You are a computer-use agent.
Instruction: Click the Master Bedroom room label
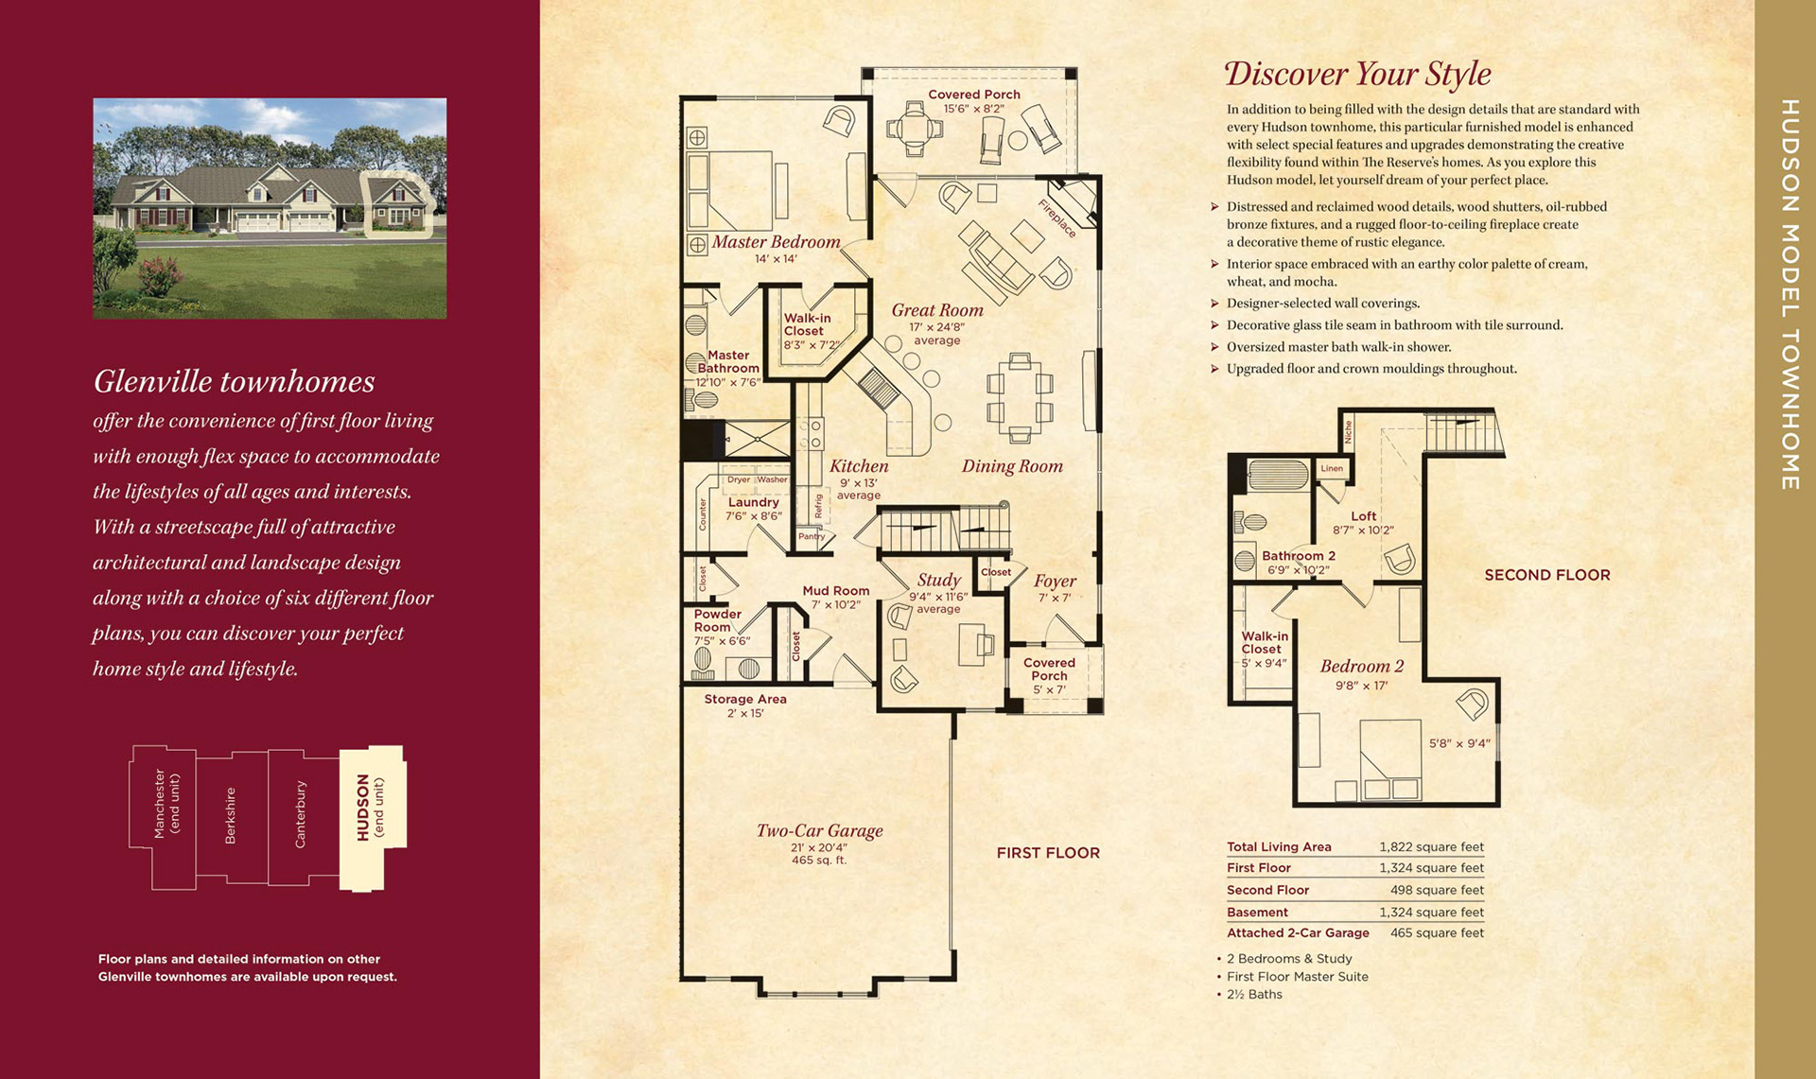(x=776, y=242)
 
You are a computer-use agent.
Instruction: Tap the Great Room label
(x=937, y=310)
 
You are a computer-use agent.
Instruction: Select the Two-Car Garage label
(x=819, y=830)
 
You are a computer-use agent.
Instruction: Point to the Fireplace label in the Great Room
(x=1057, y=218)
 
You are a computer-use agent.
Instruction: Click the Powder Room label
(x=718, y=620)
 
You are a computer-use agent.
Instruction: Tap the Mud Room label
(x=836, y=590)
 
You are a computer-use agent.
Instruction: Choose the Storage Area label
(x=745, y=699)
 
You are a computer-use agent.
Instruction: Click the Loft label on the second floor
(x=1364, y=515)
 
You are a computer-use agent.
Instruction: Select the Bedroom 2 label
(x=1362, y=666)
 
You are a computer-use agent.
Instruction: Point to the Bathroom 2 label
(x=1299, y=556)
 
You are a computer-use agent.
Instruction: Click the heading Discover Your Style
(x=1357, y=74)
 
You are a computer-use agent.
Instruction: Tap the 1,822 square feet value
(x=1431, y=846)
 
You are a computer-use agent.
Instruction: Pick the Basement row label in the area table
(x=1257, y=912)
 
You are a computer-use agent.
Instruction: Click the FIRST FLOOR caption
(x=1048, y=853)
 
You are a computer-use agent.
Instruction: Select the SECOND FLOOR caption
(x=1547, y=575)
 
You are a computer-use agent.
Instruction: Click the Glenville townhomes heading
(x=234, y=381)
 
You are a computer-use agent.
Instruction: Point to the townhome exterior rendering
(x=270, y=208)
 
